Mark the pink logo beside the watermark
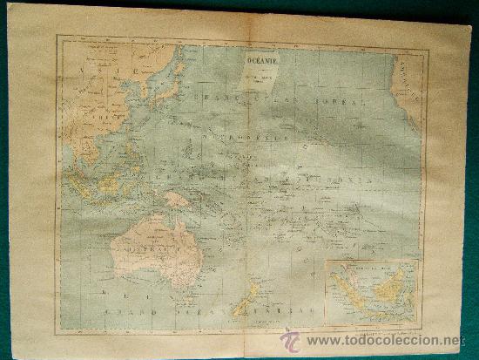click(290, 340)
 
